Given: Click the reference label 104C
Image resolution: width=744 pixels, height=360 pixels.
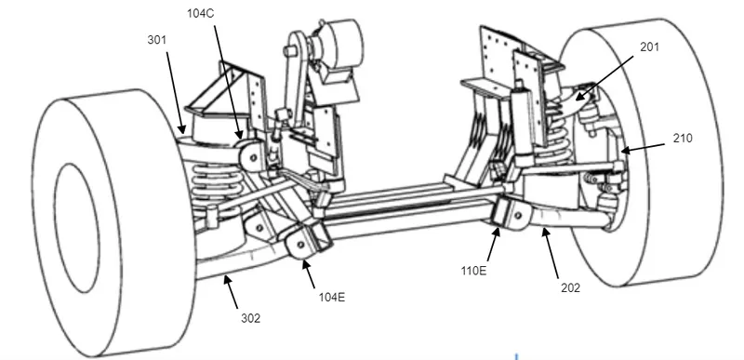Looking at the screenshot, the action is (200, 14).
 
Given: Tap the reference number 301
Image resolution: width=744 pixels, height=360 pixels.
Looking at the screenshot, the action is (157, 40).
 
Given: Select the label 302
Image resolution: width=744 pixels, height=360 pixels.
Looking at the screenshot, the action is (250, 319).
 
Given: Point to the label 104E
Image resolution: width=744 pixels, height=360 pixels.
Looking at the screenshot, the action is (332, 298).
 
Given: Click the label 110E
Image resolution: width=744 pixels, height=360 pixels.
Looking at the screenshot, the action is (473, 271).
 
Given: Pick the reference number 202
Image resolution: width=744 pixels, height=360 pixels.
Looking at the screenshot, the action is (570, 287).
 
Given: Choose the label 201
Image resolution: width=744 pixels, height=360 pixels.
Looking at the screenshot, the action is (649, 47).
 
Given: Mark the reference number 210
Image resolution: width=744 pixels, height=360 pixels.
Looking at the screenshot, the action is (683, 138).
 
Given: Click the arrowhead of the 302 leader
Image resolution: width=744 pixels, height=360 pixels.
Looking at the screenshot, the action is (227, 280).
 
